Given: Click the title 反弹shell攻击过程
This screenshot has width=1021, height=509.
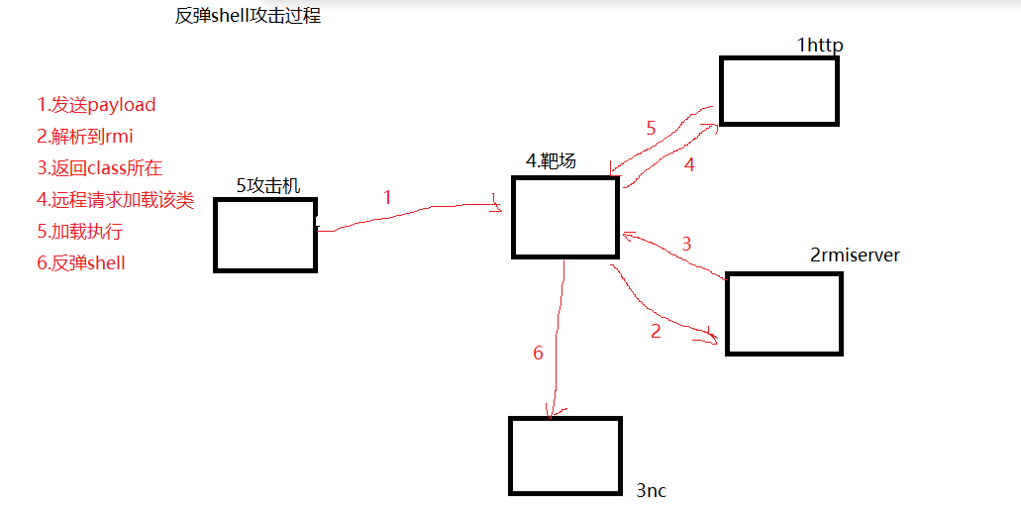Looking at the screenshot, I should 248,17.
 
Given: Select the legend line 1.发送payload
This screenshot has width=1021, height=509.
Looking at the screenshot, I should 96,105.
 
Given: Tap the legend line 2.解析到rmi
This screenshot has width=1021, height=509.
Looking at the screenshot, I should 85,137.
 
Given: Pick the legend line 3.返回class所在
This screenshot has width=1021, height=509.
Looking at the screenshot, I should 99,168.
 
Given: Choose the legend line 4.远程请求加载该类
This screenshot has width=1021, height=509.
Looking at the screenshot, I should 115,200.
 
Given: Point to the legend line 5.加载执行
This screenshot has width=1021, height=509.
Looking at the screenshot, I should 79,232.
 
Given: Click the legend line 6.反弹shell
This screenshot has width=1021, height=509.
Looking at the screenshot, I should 81,263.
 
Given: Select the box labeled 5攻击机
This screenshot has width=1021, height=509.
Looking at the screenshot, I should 264,235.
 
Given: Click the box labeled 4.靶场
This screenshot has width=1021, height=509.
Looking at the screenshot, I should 565,218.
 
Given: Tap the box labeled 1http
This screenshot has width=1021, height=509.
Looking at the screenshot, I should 779,91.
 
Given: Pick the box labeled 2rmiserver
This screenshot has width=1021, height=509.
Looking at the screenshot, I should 783,313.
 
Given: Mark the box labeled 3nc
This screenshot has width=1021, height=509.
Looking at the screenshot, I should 564,456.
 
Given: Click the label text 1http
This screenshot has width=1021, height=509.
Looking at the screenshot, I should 819,46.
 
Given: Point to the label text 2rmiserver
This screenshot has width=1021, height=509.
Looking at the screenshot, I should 855,255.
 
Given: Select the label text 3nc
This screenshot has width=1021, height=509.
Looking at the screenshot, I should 652,490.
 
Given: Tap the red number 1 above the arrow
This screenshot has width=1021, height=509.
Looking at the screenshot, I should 387,197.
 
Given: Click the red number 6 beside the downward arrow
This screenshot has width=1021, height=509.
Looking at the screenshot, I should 538,353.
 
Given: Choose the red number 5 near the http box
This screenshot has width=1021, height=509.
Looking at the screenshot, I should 651,128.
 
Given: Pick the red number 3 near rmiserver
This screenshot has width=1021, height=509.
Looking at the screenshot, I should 686,244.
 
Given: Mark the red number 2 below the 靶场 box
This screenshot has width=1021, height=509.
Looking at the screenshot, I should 655,332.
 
